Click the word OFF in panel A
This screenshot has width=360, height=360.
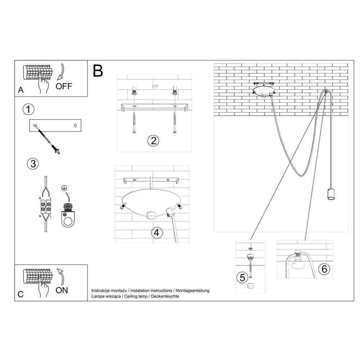[64, 86]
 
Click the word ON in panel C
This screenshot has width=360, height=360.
[62, 290]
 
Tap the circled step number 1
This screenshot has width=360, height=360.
[28, 109]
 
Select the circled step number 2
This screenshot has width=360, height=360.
[153, 141]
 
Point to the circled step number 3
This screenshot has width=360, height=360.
[33, 164]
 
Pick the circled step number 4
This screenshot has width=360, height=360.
[157, 233]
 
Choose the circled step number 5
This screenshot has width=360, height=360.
[242, 278]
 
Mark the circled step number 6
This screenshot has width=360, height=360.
[324, 269]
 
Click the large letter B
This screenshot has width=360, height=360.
[98, 71]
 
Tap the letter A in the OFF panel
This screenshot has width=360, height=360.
[21, 90]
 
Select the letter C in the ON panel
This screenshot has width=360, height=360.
[21, 294]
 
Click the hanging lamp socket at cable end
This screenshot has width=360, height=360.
[330, 194]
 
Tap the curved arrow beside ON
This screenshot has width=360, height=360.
[61, 276]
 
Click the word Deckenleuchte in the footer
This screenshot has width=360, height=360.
[165, 296]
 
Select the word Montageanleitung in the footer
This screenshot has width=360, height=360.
[192, 291]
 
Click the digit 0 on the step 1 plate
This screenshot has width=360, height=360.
[75, 126]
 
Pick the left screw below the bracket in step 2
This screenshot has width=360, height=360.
[134, 123]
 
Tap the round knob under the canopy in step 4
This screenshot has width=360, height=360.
[151, 216]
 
